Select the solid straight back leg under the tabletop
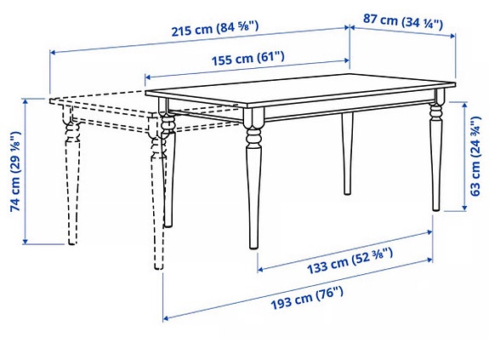pos(347,153)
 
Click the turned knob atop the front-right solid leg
pos(253,131)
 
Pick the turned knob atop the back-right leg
pos(436,110)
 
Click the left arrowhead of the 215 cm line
pos(52,53)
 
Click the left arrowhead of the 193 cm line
pos(165,318)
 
